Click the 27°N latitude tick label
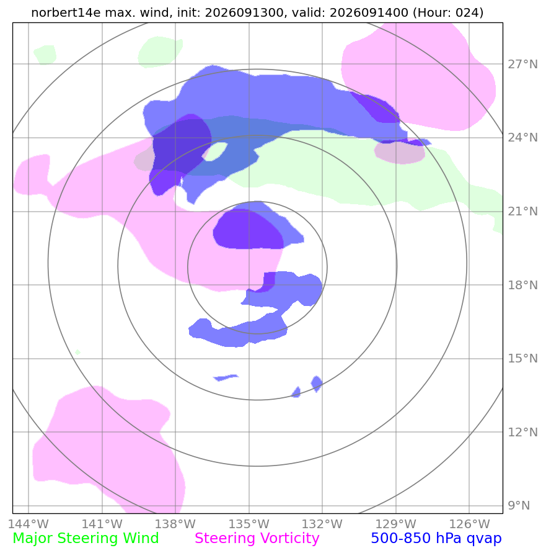(x=522, y=64)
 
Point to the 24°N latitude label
(x=522, y=138)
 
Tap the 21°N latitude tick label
(x=522, y=211)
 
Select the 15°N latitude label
(x=522, y=358)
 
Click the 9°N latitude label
(x=519, y=505)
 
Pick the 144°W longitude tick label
(x=28, y=524)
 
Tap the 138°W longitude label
(x=175, y=524)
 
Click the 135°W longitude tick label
(x=249, y=524)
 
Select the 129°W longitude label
(x=396, y=524)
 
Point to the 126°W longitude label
(x=470, y=524)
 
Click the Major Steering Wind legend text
(x=86, y=539)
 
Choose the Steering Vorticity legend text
(x=257, y=539)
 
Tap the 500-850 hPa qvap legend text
(x=436, y=539)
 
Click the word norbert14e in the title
(x=66, y=12)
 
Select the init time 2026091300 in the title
(x=244, y=12)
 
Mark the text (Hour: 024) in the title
(x=448, y=12)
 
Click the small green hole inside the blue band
(x=216, y=151)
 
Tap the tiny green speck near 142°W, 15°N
(x=77, y=352)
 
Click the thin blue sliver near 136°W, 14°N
(x=226, y=377)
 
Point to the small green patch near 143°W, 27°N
(x=45, y=55)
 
